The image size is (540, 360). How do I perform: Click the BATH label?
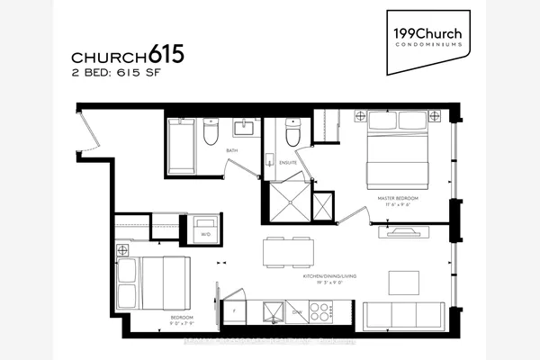(231, 151)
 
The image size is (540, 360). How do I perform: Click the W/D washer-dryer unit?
(206, 229)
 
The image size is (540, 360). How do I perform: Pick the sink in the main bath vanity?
(245, 128)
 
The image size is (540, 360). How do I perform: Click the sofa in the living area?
(402, 316)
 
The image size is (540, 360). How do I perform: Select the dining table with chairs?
(289, 251)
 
